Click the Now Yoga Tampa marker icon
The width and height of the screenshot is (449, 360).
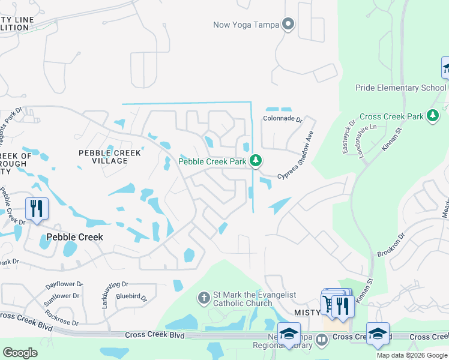pyautogui.click(x=289, y=25)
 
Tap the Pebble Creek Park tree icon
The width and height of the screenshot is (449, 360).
pyautogui.click(x=256, y=161)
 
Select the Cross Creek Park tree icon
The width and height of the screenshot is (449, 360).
pyautogui.click(x=432, y=116)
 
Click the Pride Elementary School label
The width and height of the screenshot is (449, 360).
pyautogui.click(x=401, y=88)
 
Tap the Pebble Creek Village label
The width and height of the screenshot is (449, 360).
pyautogui.click(x=110, y=157)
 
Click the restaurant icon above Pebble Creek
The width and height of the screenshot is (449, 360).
pyautogui.click(x=37, y=209)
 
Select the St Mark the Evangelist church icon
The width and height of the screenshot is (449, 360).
pyautogui.click(x=204, y=297)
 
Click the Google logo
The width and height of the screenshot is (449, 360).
pyautogui.click(x=20, y=352)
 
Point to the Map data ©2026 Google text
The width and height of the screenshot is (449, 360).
pyautogui.click(x=411, y=355)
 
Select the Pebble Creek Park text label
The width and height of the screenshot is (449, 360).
pyautogui.click(x=212, y=161)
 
